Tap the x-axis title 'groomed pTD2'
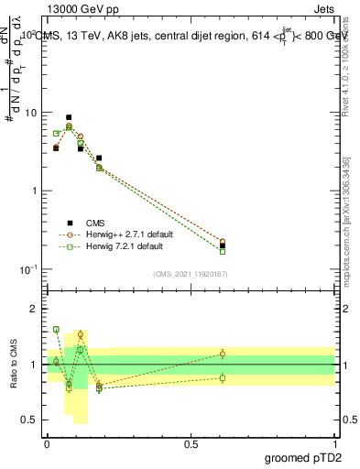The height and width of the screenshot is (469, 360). point(302,458)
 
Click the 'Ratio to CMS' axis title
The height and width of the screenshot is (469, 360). point(14,365)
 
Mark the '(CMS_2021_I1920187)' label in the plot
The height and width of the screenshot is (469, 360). point(189,273)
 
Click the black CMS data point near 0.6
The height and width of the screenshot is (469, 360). point(223,245)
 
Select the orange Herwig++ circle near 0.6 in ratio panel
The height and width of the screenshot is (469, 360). point(223,354)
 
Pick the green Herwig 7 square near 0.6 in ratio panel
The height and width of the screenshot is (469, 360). point(223,377)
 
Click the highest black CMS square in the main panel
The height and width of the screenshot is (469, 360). point(69,117)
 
